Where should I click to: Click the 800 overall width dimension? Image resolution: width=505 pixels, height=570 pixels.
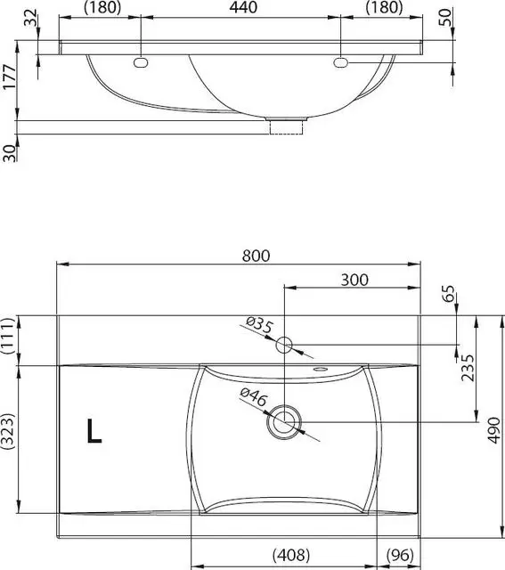[x=256, y=256]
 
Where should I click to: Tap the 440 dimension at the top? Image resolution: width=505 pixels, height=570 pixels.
[x=243, y=7]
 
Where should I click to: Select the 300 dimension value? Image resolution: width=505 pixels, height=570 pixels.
[x=354, y=280]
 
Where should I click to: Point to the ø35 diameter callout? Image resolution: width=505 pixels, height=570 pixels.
[x=258, y=324]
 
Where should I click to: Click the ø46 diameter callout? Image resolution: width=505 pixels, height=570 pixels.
[x=254, y=397]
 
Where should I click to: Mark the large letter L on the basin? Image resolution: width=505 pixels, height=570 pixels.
[x=94, y=431]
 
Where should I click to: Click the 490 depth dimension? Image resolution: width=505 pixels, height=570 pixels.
[x=494, y=430]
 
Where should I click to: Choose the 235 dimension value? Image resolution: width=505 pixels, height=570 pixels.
[x=468, y=368]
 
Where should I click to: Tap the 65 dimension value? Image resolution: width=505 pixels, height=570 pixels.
[x=449, y=293]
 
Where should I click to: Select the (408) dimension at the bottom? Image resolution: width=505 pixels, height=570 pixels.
[x=291, y=555]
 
